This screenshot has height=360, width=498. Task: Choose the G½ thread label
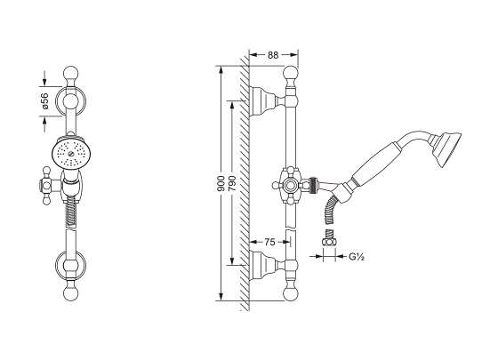pyautogui.click(x=357, y=256)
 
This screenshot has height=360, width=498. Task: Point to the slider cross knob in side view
pyautogui.click(x=289, y=185)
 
